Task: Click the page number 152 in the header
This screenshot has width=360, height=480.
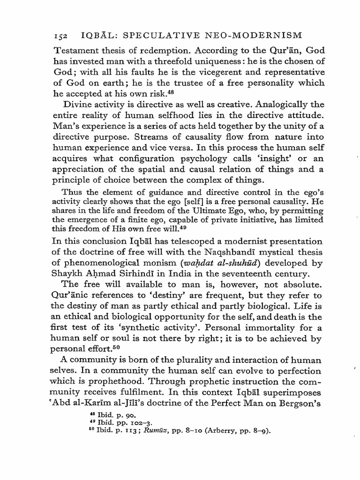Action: point(60,35)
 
